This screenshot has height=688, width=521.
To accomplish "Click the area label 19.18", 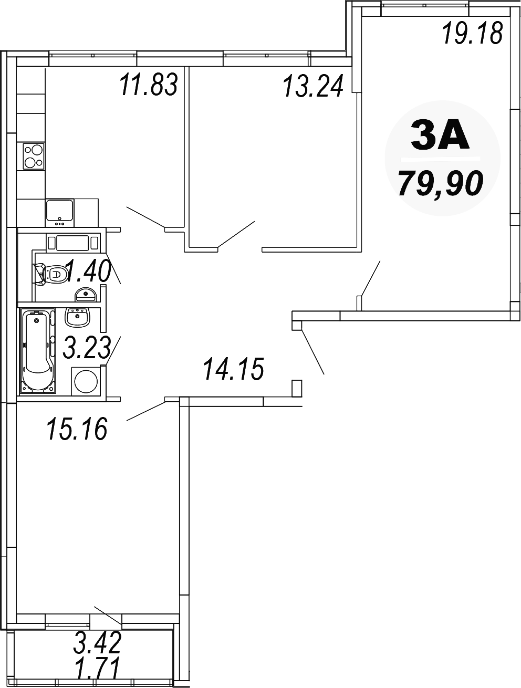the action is [472, 33].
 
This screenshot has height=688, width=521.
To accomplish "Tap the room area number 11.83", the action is [149, 84].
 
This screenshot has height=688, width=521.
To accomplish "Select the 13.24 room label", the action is [313, 85].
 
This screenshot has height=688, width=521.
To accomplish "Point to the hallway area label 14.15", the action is [234, 369].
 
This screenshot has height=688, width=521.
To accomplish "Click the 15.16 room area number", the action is [77, 429].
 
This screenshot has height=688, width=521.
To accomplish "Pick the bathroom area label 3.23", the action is [87, 347].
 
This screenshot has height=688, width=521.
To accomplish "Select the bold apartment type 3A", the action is [440, 135].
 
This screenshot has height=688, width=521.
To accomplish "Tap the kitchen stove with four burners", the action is [33, 157].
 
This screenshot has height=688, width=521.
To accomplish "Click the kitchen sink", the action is [59, 213].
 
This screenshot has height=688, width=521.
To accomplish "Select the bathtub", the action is [38, 351].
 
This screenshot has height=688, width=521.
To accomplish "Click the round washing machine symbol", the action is [85, 381].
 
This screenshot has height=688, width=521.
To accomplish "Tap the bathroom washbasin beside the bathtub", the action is [77, 317].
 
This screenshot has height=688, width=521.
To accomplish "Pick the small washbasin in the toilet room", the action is [85, 295].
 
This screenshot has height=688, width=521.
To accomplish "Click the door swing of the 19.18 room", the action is [371, 278].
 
